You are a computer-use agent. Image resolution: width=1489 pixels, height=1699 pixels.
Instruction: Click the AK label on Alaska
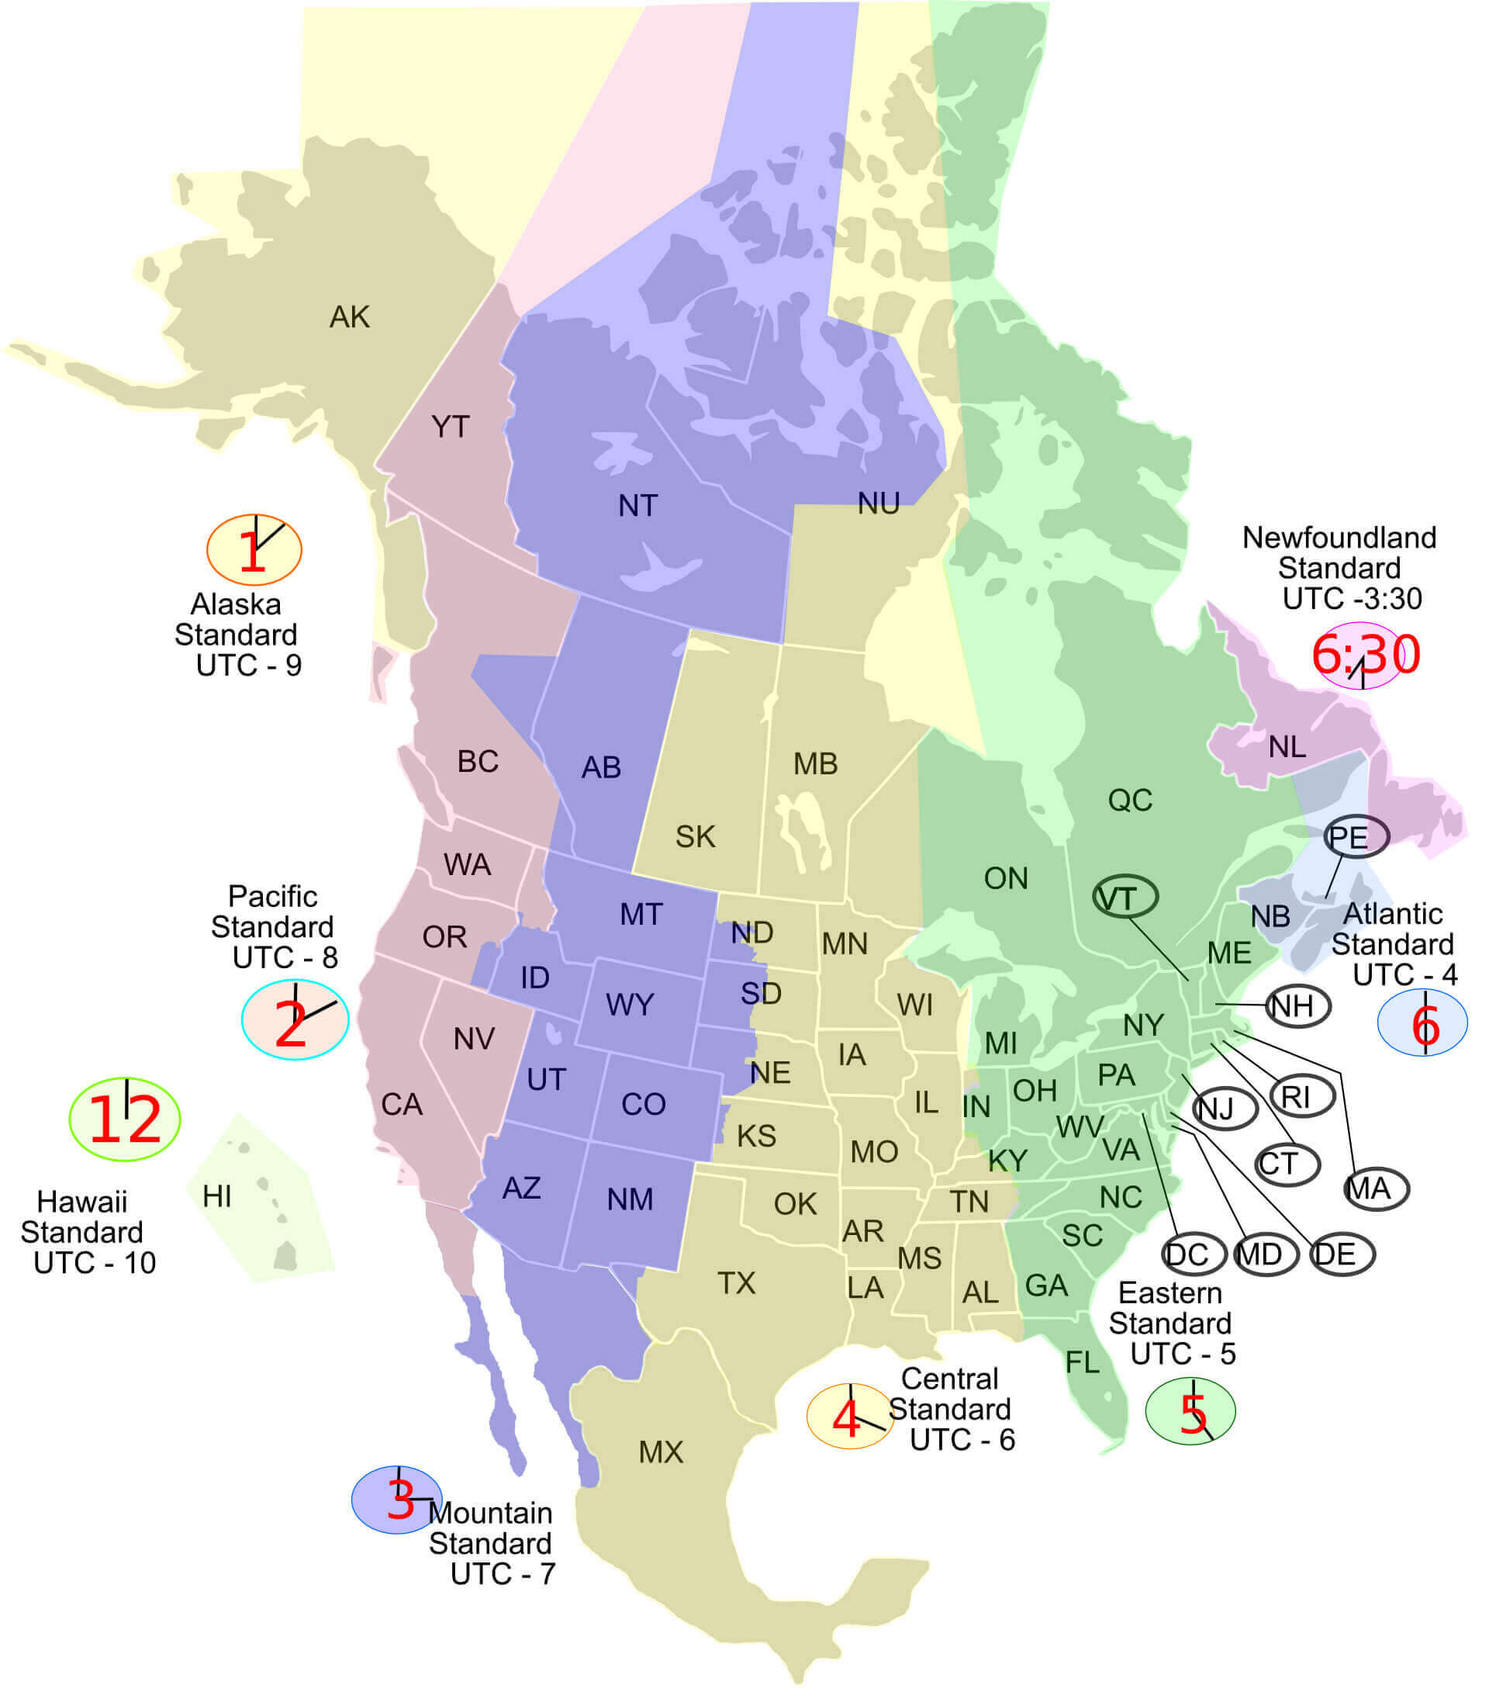tap(349, 317)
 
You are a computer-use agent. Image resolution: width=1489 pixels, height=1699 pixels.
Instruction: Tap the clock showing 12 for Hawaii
tap(125, 1119)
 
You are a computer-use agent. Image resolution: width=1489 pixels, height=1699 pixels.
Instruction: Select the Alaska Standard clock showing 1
tap(254, 549)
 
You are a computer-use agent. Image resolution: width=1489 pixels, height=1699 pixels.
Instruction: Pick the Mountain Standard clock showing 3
tap(397, 1499)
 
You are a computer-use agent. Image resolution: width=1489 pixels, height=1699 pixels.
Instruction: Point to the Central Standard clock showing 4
tap(849, 1417)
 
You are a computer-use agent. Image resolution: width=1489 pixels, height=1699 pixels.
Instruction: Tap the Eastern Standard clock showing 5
tap(1190, 1411)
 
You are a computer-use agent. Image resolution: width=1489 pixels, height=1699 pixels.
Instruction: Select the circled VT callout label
tap(1125, 898)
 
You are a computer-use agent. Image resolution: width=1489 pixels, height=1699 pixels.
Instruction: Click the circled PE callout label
tap(1356, 836)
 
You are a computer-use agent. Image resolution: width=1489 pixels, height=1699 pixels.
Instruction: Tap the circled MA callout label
tap(1376, 1189)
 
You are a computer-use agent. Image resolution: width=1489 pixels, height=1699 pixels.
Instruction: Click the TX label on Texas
tap(736, 1283)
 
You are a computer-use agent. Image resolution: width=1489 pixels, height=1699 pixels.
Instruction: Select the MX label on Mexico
tap(661, 1452)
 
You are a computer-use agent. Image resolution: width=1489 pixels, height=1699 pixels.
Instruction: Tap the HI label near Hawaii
tap(217, 1196)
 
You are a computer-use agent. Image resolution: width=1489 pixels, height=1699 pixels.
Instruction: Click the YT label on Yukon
tap(451, 427)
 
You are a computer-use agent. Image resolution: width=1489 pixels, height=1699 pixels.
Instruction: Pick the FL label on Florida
tap(1083, 1362)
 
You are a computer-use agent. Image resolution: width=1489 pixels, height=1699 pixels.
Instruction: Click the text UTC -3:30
tap(1352, 598)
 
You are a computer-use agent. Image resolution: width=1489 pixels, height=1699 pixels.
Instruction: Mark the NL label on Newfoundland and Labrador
tap(1287, 747)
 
